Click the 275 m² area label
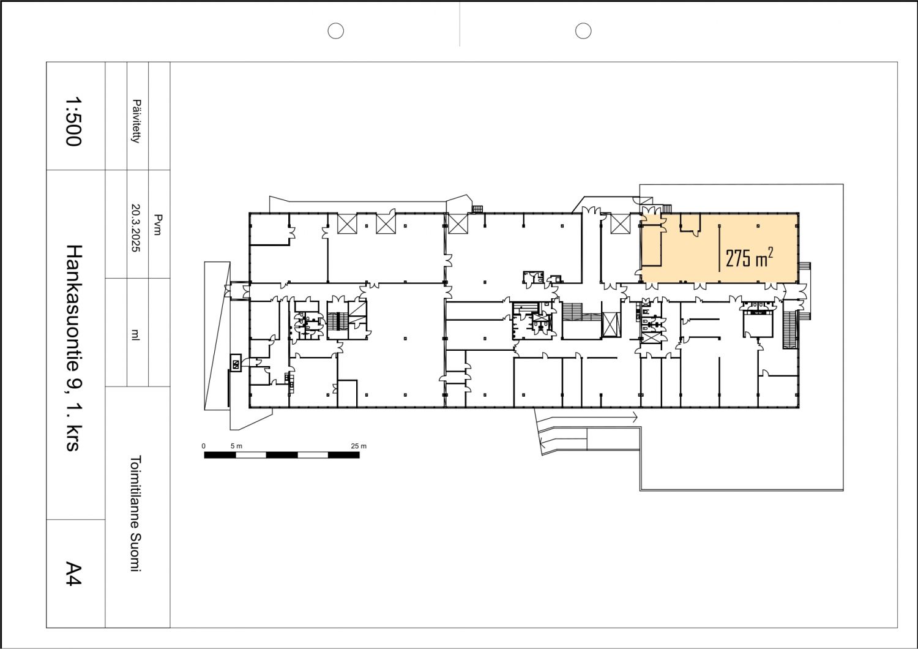(x=749, y=258)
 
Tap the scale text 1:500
(x=74, y=121)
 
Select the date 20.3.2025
(x=136, y=228)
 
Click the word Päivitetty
(x=136, y=121)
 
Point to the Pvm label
(x=158, y=225)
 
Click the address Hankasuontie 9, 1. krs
(x=75, y=348)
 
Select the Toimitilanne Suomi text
(x=136, y=513)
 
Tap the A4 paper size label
(x=74, y=574)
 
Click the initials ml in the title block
(x=135, y=334)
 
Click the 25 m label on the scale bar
(x=359, y=446)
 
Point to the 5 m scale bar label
(x=236, y=446)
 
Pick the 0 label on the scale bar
(x=204, y=446)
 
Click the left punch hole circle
(x=335, y=31)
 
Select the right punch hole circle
(x=583, y=31)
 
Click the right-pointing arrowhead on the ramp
(x=635, y=418)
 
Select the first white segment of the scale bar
(x=251, y=455)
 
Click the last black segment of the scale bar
(x=344, y=455)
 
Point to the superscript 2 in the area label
(x=771, y=252)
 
